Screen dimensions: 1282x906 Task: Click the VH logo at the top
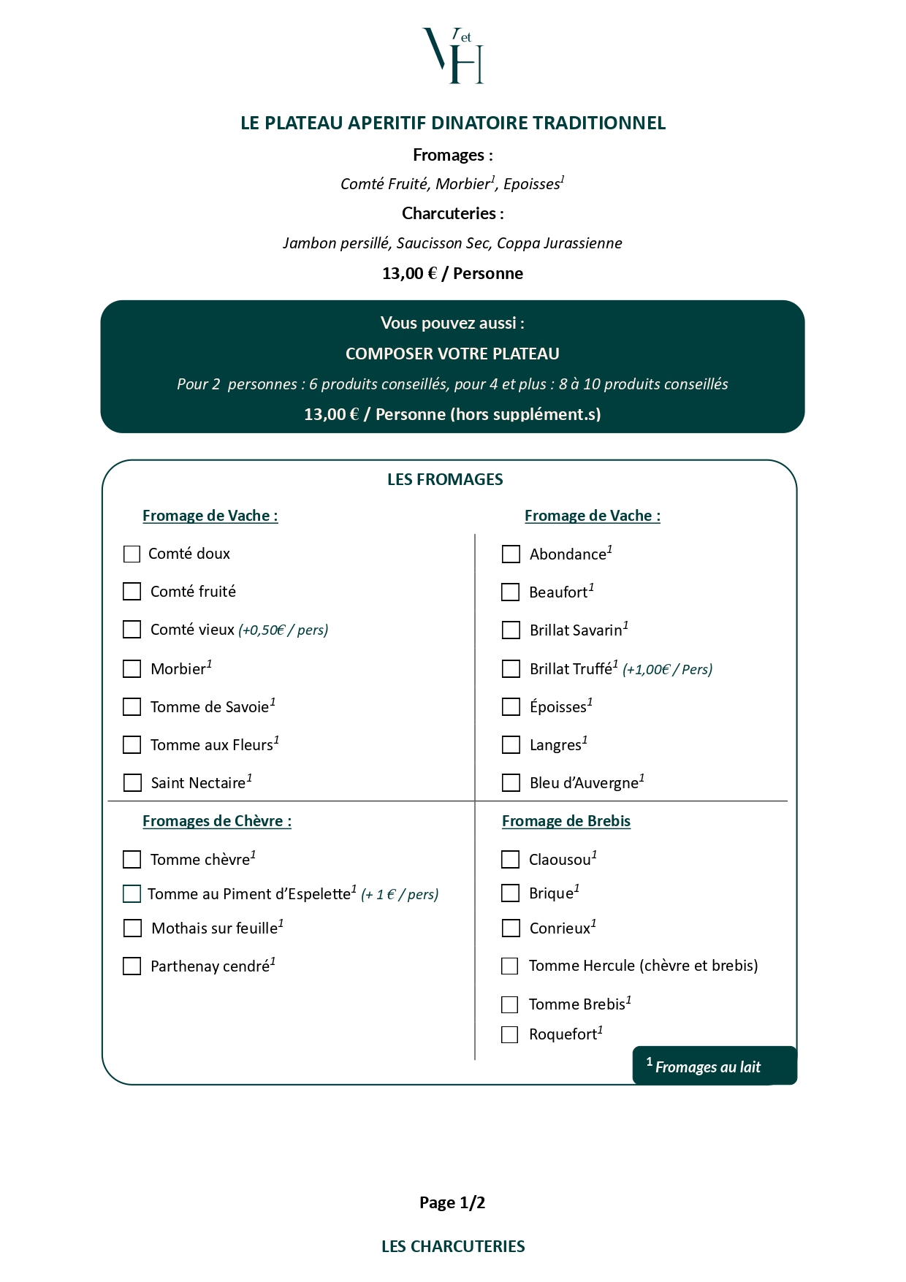[453, 56]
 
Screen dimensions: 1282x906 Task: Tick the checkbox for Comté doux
[132, 554]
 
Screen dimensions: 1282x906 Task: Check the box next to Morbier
[132, 668]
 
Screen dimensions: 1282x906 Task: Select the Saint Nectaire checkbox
[132, 782]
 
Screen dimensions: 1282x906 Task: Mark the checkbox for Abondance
[511, 554]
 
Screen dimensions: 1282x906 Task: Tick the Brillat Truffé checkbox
[511, 668]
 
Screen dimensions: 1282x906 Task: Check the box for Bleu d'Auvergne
[511, 782]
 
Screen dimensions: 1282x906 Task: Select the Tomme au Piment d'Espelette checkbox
[132, 893]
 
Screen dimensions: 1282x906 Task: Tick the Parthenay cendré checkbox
[132, 966]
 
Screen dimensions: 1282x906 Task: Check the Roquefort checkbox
[509, 1034]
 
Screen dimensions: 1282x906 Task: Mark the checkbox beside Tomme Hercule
[509, 966]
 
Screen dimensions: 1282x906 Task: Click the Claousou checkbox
[510, 859]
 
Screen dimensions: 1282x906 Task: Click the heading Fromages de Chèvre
[217, 821]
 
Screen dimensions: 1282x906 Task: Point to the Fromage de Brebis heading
[566, 821]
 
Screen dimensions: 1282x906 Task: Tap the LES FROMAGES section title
[445, 479]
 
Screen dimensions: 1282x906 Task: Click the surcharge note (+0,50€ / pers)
[283, 630]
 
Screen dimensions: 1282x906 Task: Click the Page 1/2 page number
[452, 1202]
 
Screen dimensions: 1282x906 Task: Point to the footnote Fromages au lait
[707, 1067]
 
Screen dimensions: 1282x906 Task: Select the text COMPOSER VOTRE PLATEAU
[452, 354]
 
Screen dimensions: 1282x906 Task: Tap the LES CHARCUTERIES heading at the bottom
[453, 1246]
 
